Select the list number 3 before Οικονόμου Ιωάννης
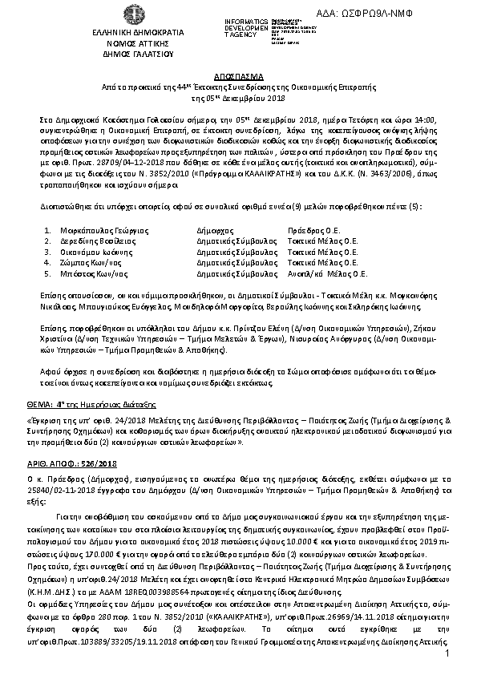pyautogui.click(x=48, y=250)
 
